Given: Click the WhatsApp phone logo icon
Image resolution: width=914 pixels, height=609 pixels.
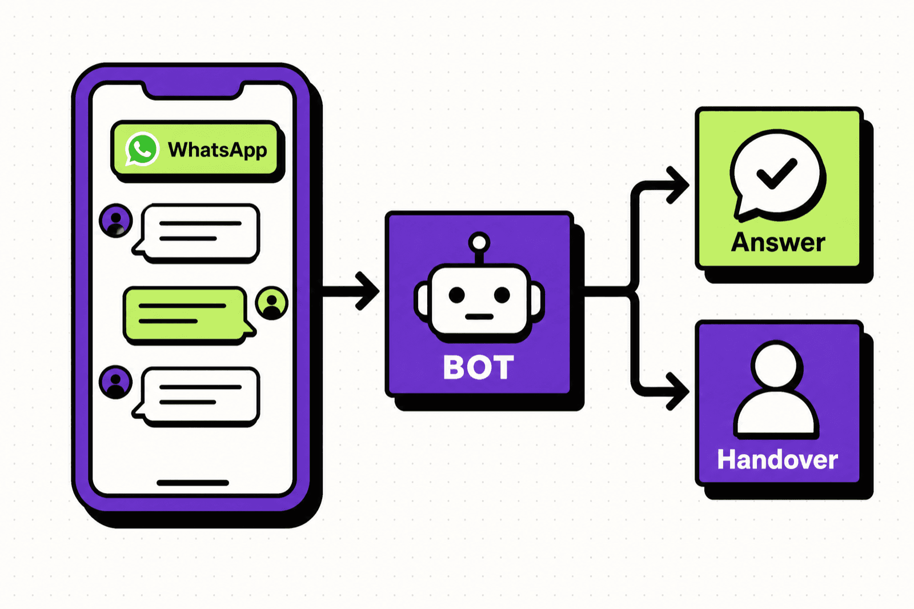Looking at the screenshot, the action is point(142,149).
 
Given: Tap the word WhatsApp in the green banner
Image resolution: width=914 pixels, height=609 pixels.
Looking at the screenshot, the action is point(218,150).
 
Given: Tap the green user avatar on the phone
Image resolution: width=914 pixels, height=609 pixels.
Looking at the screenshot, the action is point(272,303).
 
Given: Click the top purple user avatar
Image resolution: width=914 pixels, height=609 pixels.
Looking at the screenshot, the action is point(116,221).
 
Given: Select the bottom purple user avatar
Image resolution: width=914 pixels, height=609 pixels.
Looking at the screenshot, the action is point(116,382).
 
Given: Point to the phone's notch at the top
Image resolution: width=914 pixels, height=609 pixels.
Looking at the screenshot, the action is point(193,91).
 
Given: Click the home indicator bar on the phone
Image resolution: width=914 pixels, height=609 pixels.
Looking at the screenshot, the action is point(193,483).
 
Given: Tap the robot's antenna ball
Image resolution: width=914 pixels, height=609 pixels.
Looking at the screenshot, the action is point(479,243).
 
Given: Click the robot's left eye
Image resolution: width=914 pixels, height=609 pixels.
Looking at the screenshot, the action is point(456,295).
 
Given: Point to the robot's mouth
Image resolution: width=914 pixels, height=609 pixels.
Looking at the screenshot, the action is point(479,316).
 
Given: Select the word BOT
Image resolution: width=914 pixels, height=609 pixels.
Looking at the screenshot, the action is point(479,367).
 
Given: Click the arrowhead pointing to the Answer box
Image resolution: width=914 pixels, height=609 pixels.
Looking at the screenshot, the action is point(678,185).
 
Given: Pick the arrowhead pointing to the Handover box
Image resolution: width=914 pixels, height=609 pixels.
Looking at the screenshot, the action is point(678,391).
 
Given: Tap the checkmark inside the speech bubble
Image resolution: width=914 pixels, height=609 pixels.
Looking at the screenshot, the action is point(776,173).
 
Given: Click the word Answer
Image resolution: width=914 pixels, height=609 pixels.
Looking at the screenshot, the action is point(778,242).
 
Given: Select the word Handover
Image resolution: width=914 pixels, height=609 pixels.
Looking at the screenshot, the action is point(777,459).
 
